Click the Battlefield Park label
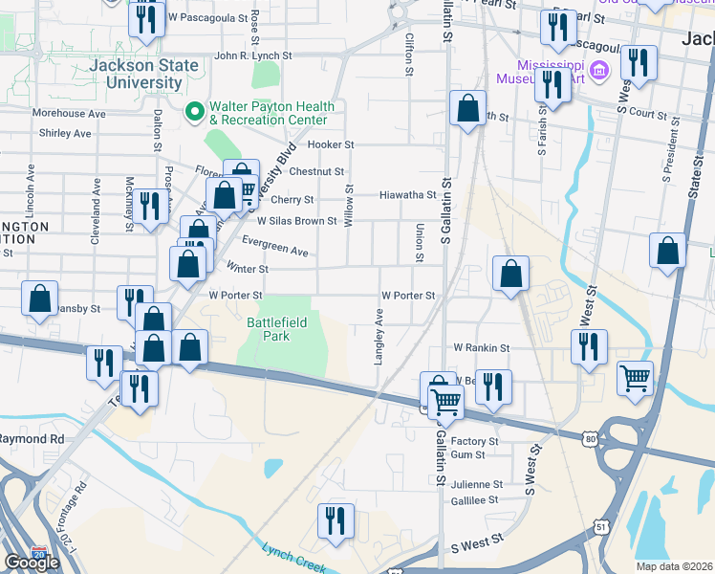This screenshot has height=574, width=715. [x=276, y=330]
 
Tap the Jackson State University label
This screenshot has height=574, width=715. [x=144, y=75]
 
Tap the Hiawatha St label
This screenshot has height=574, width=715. [x=408, y=194]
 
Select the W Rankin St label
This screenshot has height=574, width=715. [x=481, y=347]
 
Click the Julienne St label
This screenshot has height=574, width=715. [x=478, y=485]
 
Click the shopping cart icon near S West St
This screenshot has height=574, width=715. [x=635, y=377]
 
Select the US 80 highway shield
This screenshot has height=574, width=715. [x=591, y=437]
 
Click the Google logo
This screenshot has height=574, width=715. [x=32, y=563]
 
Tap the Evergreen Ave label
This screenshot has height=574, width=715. [x=275, y=246]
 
